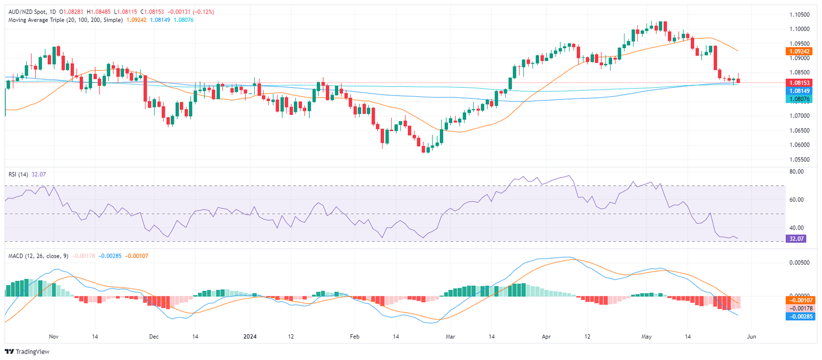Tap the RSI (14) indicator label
pos(17,173)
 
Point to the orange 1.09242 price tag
pos(801,51)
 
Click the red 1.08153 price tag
pos(801,83)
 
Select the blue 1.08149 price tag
pos(801,91)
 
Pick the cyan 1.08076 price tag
pos(801,99)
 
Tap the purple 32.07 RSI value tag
pos(797,239)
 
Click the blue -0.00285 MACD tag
pos(801,316)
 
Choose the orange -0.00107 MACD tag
pos(801,300)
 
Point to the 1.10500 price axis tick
pos(801,14)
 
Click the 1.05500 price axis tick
pos(801,159)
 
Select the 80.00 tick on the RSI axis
pos(797,172)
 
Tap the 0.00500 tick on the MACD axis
pos(800,263)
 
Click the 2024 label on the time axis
pos(250,336)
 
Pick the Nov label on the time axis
pos(53,336)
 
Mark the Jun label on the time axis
pos(751,336)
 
